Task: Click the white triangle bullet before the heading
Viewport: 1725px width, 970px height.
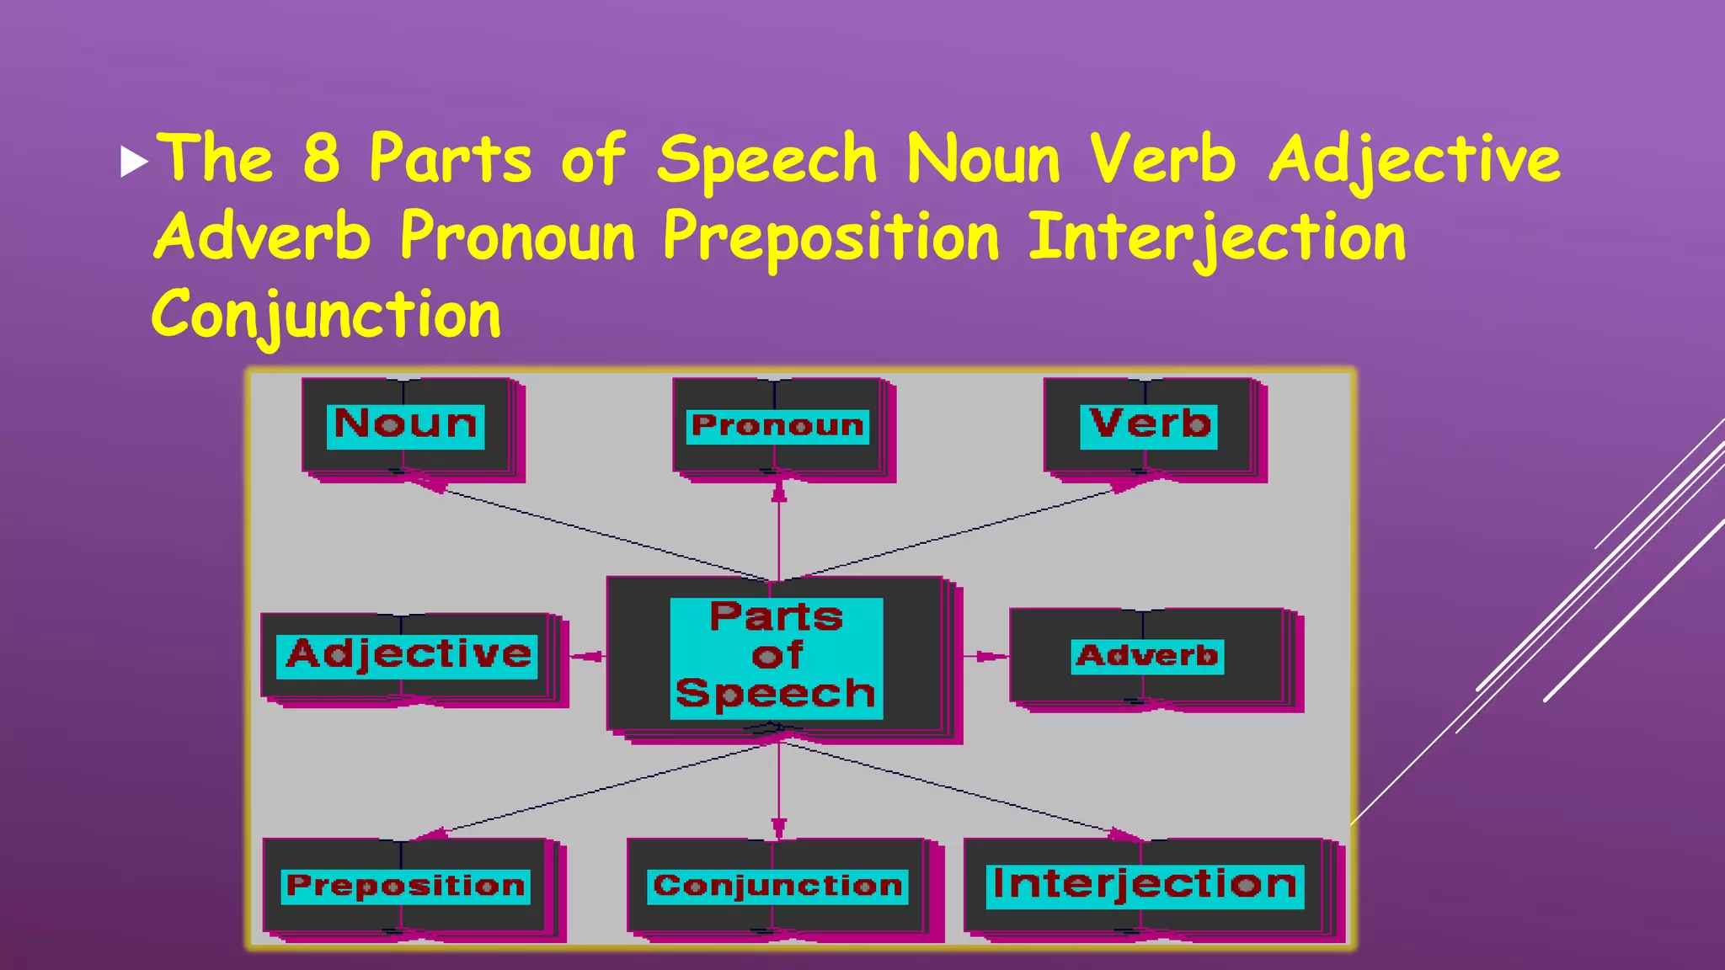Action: [x=134, y=162]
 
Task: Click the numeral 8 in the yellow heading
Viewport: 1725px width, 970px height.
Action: [x=322, y=158]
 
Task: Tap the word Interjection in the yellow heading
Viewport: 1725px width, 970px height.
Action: [x=1217, y=238]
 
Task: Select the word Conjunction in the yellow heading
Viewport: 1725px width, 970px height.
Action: [x=327, y=317]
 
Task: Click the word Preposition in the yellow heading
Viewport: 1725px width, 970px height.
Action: [x=830, y=238]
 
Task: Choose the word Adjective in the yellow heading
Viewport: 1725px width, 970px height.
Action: [x=1414, y=160]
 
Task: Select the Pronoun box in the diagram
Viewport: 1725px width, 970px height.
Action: [x=778, y=427]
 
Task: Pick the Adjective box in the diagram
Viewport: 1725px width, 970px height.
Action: [x=409, y=657]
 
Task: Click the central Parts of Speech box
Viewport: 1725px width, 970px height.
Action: [x=777, y=658]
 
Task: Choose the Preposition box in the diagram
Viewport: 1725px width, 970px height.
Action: [x=407, y=887]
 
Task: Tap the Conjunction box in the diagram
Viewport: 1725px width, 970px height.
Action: [x=777, y=887]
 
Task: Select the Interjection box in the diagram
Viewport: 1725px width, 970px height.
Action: [x=1146, y=887]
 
